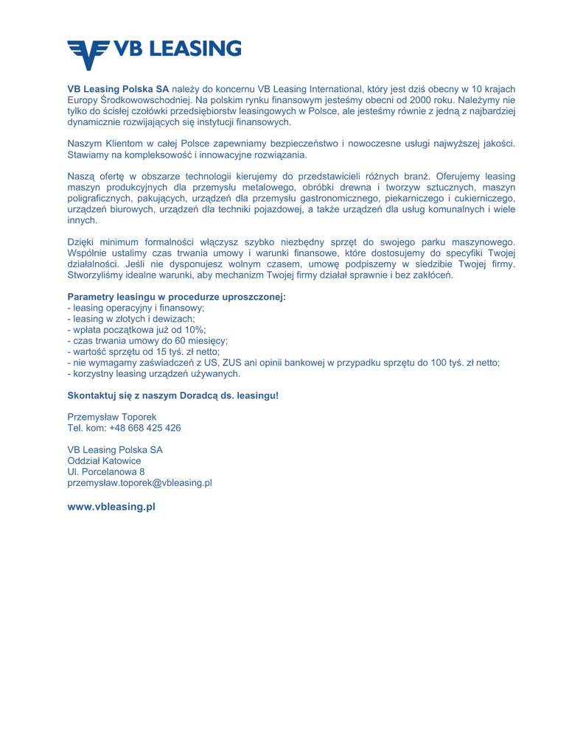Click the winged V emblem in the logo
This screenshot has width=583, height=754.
click(87, 52)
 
